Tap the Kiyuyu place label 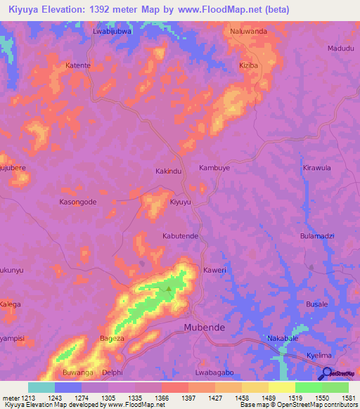pos(180,202)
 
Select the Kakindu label pos(168,171)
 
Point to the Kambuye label pos(214,169)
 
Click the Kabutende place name pos(181,237)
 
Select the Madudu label pos(342,48)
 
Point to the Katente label pos(78,65)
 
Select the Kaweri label pos(214,270)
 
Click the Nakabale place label pos(283,338)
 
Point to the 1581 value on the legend pos(340,398)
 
